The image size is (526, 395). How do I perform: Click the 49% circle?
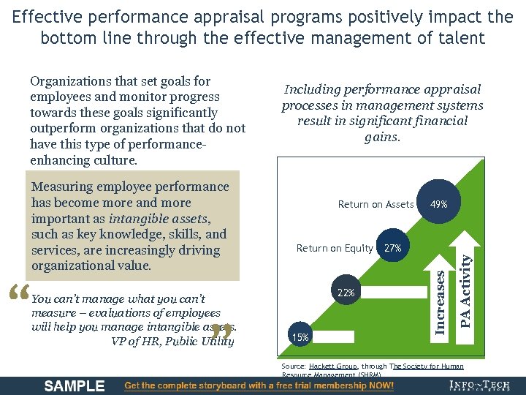[x=439, y=204]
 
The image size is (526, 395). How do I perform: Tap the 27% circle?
[x=392, y=248]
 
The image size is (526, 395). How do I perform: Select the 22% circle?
[x=346, y=293]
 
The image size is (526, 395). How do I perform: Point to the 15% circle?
[x=300, y=337]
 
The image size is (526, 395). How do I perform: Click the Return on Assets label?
[x=376, y=205]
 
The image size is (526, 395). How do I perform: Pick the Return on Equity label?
[x=335, y=248]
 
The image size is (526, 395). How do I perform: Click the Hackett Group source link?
[x=332, y=365]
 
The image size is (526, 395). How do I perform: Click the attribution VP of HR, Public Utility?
[x=172, y=341]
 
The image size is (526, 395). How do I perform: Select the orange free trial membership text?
[x=259, y=385]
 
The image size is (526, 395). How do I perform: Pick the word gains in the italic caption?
[x=382, y=137]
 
